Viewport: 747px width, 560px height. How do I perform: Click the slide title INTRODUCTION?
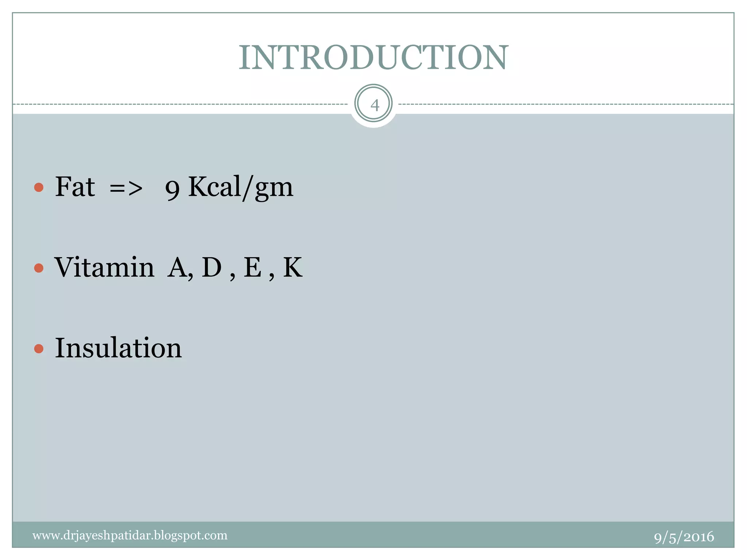click(x=373, y=58)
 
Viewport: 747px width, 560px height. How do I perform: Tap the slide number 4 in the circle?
click(x=374, y=105)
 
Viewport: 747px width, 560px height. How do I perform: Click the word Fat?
click(x=75, y=187)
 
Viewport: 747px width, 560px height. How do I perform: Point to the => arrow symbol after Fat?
click(x=126, y=188)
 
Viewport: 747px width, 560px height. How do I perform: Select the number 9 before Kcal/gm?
click(x=173, y=190)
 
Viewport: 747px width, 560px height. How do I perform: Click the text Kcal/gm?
click(x=240, y=187)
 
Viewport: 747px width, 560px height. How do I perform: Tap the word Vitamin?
click(x=104, y=267)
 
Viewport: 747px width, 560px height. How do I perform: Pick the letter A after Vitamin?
click(x=178, y=268)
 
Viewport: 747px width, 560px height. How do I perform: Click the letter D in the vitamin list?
click(x=212, y=267)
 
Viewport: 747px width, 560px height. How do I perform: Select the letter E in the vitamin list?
click(x=252, y=267)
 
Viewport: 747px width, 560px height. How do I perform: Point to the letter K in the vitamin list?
click(x=293, y=267)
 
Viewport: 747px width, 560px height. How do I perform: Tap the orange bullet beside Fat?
click(x=39, y=187)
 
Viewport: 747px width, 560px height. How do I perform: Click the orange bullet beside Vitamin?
click(x=39, y=268)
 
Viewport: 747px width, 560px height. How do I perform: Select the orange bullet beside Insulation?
click(x=39, y=349)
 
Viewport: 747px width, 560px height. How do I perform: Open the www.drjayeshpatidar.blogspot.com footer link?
click(x=130, y=535)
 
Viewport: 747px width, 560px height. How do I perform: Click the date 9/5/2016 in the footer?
click(x=684, y=537)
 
